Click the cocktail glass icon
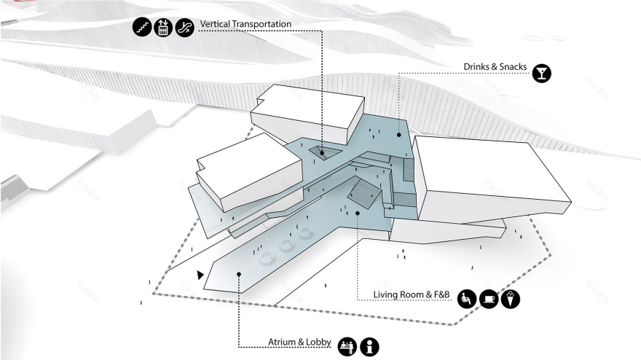(541, 72)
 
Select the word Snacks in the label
(510, 67)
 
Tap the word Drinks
(478, 67)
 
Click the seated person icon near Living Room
(467, 297)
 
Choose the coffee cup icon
(489, 297)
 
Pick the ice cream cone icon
(511, 297)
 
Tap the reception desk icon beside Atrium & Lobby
(347, 346)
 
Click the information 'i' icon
(369, 346)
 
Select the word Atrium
(281, 343)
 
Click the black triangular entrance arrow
(200, 275)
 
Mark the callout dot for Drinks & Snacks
(398, 135)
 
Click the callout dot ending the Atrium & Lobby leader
(239, 275)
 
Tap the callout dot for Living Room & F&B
(358, 213)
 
